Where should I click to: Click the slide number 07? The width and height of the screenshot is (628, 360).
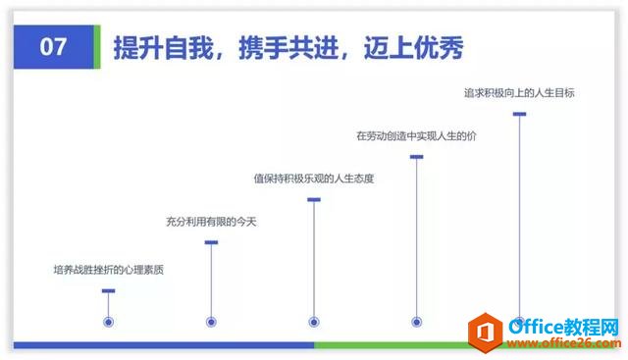click(x=53, y=46)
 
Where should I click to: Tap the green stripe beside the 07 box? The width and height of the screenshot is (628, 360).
click(x=98, y=46)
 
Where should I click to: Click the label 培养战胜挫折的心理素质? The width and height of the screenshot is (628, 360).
click(x=108, y=268)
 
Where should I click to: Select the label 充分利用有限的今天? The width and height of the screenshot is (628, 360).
click(x=211, y=223)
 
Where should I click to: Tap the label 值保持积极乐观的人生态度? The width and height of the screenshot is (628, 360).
click(x=314, y=179)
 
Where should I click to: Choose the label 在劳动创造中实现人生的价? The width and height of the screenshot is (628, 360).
click(x=416, y=135)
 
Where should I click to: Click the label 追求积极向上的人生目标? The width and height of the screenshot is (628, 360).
click(x=519, y=93)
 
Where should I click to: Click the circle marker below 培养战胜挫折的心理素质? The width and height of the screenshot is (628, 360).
click(x=109, y=321)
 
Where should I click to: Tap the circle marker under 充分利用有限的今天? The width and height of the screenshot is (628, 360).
click(x=211, y=321)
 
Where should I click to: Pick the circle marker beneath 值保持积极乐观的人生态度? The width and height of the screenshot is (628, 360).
click(x=314, y=321)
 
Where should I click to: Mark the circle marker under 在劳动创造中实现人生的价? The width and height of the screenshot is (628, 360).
click(x=417, y=321)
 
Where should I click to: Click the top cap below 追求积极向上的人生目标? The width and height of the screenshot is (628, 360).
click(x=520, y=115)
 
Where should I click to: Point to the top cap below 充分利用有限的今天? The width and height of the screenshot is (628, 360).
click(x=211, y=242)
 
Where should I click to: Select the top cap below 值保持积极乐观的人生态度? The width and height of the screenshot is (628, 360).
click(x=314, y=200)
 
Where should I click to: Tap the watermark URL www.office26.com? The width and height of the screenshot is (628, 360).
click(x=560, y=342)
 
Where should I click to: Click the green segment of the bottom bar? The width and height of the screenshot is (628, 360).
click(x=392, y=345)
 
